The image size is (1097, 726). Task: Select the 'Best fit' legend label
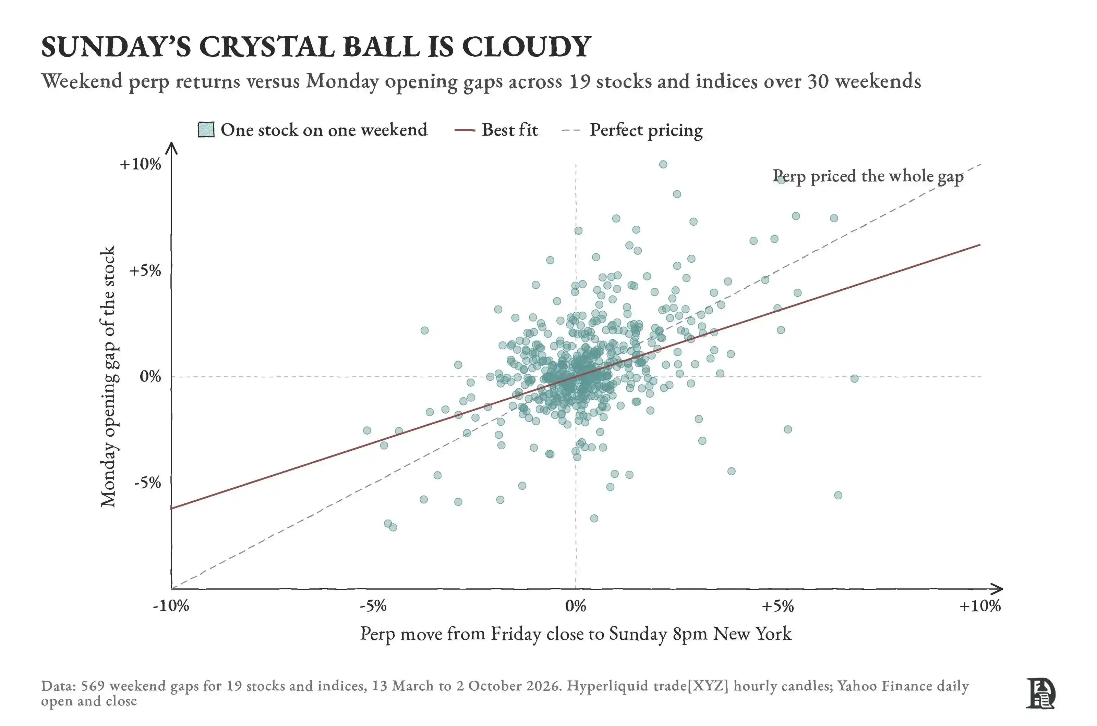point(510,130)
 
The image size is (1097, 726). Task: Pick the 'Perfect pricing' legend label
point(646,130)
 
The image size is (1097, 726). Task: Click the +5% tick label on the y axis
point(145,271)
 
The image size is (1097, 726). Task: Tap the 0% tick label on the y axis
point(150,376)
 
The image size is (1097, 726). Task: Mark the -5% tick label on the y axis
point(147,483)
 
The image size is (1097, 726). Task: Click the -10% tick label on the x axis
point(171,605)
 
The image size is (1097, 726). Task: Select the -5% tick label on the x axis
point(373,605)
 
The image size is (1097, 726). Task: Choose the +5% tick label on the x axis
point(778,605)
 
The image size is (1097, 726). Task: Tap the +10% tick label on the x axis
point(980,605)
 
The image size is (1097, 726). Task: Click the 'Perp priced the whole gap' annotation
point(868,176)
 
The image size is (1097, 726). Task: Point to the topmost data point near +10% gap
point(663,164)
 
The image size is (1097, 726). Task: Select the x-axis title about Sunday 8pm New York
point(576,634)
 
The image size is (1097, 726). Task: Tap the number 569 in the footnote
point(93,686)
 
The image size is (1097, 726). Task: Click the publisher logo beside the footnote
point(1040,693)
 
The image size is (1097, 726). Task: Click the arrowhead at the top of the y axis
point(171,147)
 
